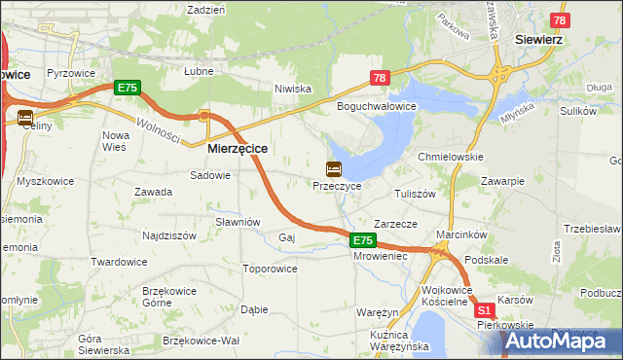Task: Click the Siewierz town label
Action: click(x=555, y=42)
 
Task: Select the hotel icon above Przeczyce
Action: click(x=334, y=168)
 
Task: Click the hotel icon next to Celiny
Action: click(x=25, y=117)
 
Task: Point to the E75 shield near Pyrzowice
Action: click(x=128, y=88)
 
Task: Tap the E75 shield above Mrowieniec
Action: click(x=362, y=240)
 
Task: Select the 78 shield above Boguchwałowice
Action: click(x=380, y=78)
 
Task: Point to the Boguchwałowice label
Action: click(x=377, y=106)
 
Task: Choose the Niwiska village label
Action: click(x=292, y=89)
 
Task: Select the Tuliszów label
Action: click(x=414, y=194)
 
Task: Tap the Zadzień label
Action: click(x=205, y=9)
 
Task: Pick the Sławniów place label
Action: click(x=238, y=222)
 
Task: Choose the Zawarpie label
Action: click(x=502, y=181)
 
